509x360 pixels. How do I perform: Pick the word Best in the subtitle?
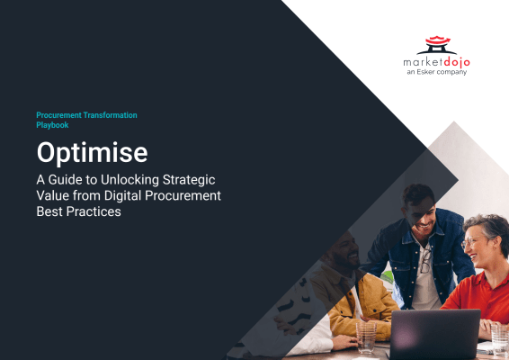click(x=51, y=212)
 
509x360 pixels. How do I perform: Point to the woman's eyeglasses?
click(x=473, y=242)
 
